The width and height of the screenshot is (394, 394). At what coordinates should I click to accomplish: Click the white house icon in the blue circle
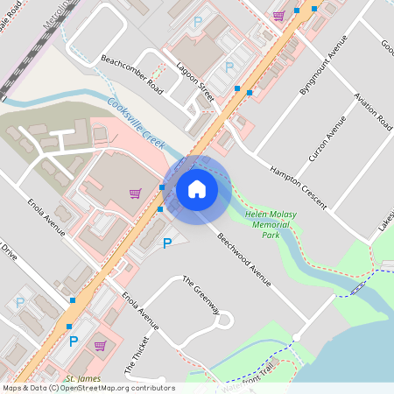point(197,188)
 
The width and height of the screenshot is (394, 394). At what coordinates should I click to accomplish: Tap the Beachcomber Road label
point(132,74)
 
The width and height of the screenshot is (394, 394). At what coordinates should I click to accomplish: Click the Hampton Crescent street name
point(298,186)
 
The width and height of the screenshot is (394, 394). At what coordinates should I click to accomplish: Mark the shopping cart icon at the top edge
point(278,15)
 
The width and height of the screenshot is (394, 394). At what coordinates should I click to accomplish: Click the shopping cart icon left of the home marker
point(135,193)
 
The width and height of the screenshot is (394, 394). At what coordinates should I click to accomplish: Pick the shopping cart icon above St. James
point(99,345)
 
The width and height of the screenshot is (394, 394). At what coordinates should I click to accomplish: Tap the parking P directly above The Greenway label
point(167,243)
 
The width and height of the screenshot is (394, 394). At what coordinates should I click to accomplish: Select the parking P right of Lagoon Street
point(229,67)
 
